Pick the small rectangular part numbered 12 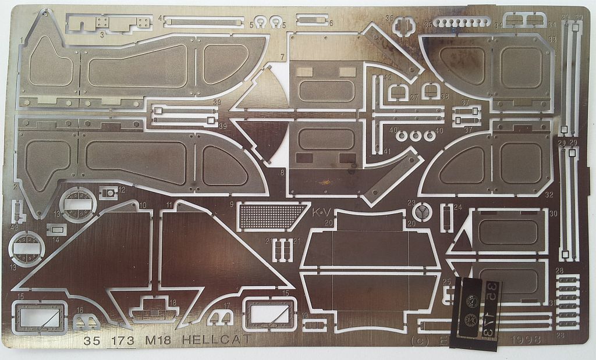click(108, 193)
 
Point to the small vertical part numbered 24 click(446, 218)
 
